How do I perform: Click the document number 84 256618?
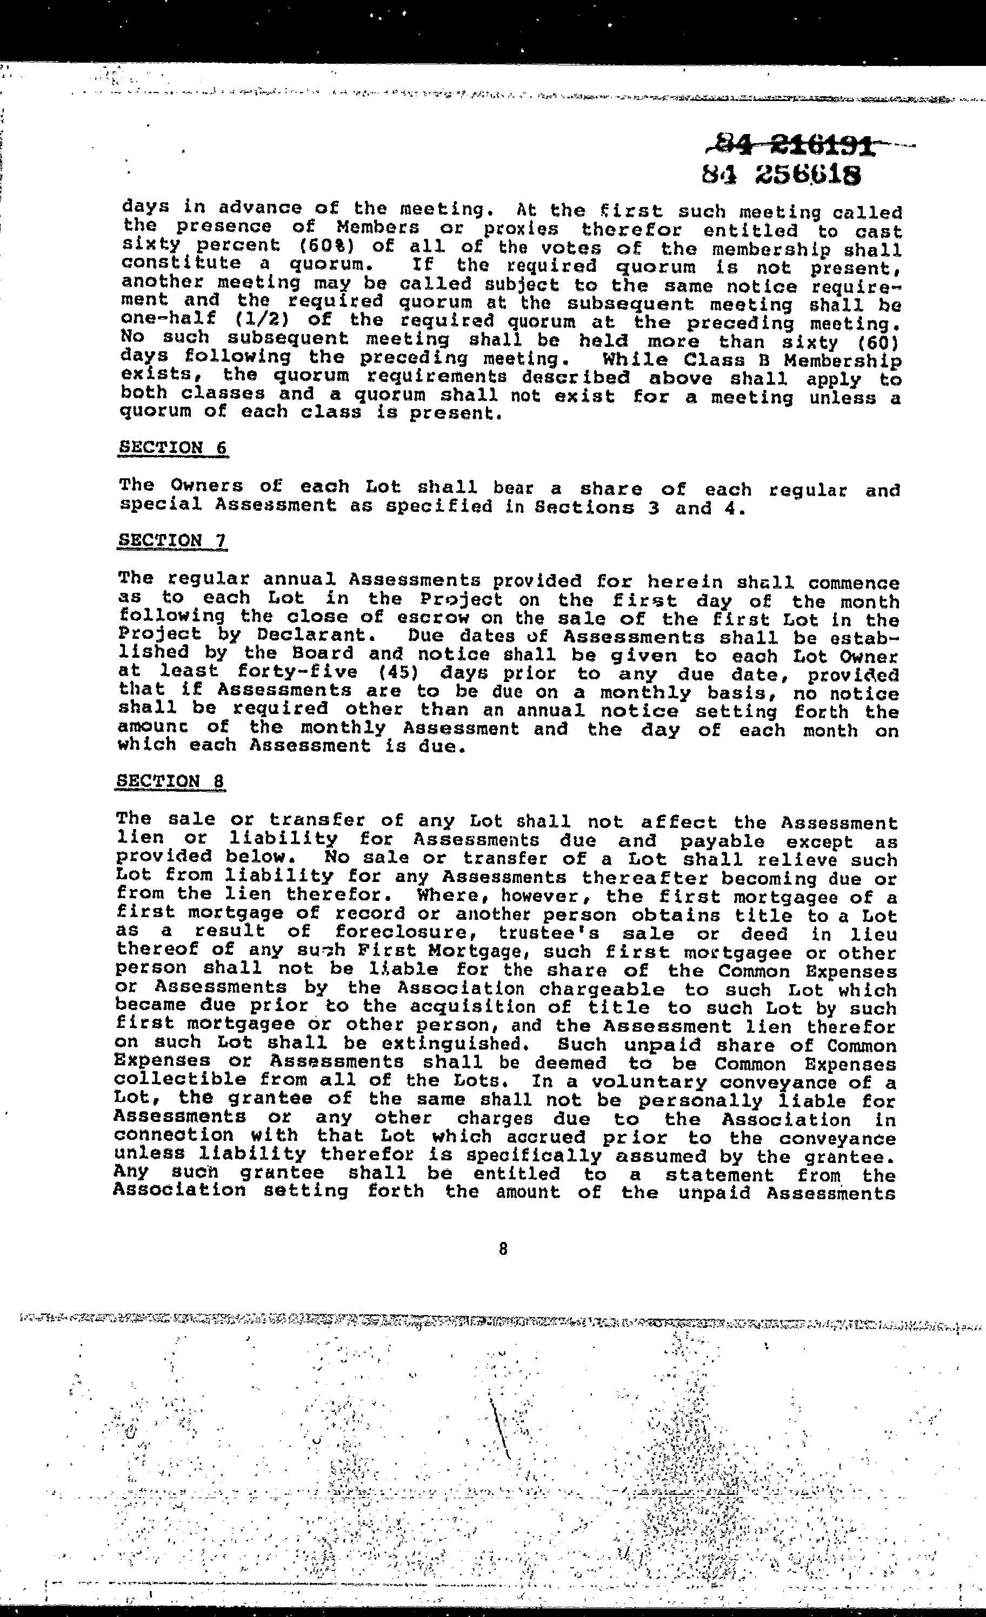[x=781, y=175]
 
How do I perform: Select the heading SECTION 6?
[x=172, y=447]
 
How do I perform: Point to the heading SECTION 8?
[x=171, y=781]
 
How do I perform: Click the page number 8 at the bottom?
[x=503, y=1249]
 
